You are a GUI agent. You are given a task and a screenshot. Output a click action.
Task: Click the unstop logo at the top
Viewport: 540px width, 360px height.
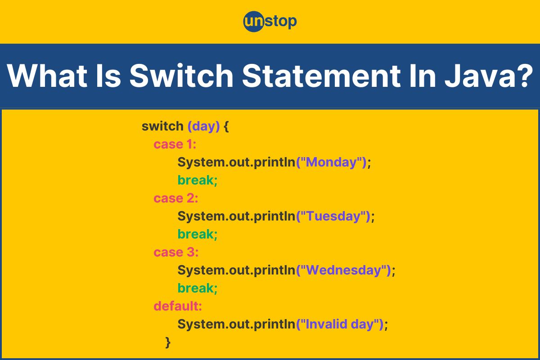point(270,22)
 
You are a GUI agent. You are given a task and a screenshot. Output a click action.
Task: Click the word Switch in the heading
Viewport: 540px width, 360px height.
point(181,76)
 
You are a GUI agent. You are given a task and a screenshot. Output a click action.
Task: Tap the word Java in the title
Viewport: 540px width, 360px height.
point(480,76)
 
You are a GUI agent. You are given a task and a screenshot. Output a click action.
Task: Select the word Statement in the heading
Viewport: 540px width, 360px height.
point(321,76)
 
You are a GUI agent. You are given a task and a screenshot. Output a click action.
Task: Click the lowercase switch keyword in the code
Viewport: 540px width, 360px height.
point(162,126)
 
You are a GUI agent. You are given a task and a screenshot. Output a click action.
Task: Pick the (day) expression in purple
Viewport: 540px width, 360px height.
point(204,126)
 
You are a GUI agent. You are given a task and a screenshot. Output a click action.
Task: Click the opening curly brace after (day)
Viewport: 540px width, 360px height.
point(226,126)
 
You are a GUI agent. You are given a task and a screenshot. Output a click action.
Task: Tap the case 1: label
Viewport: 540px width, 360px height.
point(175,144)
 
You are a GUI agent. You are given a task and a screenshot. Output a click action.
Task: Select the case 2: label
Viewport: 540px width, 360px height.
point(176,198)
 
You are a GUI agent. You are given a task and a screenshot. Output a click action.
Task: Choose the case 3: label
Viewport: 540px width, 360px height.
point(176,252)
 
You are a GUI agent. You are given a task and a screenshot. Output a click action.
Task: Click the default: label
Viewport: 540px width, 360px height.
point(178,306)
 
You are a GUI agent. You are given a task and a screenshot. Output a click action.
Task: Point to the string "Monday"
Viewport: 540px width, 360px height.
point(332,162)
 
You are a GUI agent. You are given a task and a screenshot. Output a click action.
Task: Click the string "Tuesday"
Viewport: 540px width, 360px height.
point(333,216)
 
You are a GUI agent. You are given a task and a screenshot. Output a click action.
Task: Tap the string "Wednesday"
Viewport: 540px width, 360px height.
point(344,270)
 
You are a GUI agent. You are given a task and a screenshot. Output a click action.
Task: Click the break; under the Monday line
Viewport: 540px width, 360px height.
point(198,180)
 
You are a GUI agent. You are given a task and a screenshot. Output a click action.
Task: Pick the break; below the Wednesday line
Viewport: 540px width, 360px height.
point(198,288)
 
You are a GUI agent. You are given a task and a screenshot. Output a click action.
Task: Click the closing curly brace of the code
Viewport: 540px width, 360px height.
point(168,342)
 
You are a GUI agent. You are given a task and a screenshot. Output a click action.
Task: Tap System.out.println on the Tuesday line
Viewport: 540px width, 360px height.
point(237,216)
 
